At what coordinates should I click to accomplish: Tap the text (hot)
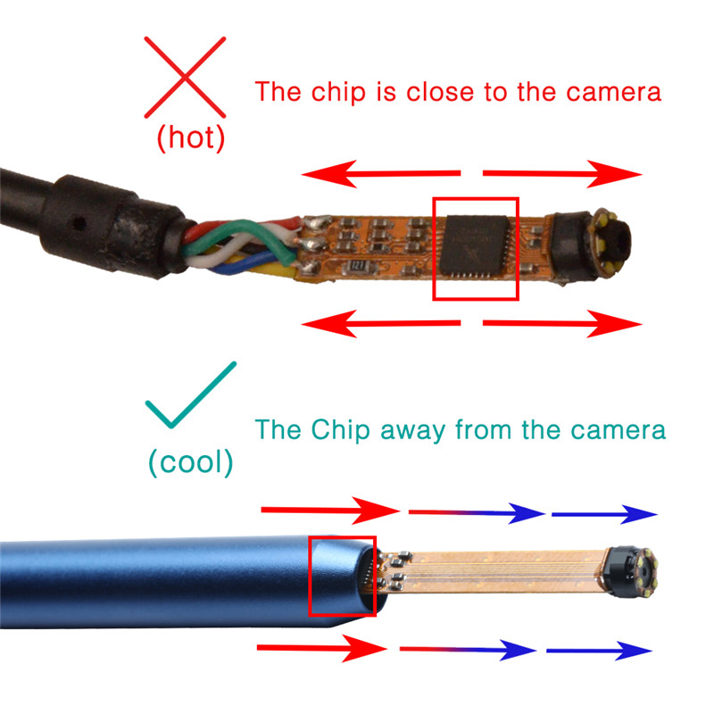190,137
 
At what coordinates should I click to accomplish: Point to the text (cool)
191,462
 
